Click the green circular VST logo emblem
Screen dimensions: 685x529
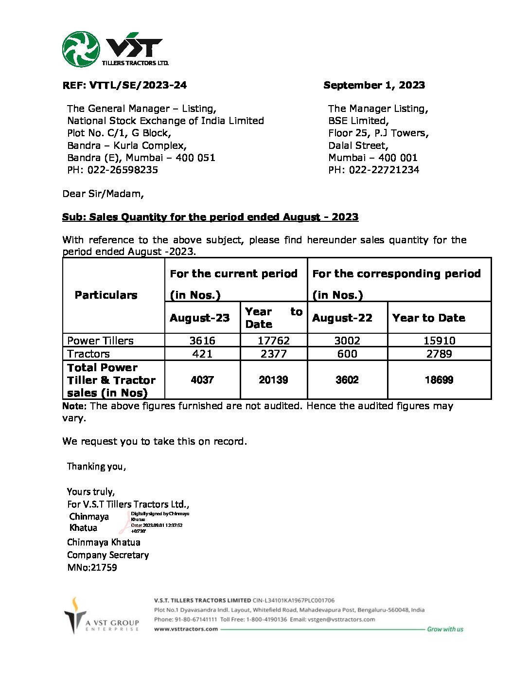pos(81,49)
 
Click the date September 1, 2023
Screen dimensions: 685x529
pos(374,85)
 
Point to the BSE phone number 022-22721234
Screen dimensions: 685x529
pos(384,170)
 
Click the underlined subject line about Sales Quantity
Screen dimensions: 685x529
pos(210,217)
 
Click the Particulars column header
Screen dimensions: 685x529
pos(106,295)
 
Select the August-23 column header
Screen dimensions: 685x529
pos(199,318)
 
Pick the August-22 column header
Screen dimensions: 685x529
pos(342,318)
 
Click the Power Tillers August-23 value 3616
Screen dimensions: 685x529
pos(202,341)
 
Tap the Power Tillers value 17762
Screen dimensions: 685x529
pos(273,341)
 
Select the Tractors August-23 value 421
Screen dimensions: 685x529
pos(202,354)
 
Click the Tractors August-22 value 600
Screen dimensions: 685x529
pos(347,354)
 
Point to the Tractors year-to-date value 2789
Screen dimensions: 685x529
pos(439,354)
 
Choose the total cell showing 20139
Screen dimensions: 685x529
pos(273,380)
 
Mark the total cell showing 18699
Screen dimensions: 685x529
pos(439,380)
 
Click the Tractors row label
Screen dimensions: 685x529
pos(88,354)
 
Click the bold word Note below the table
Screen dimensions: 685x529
pos(74,406)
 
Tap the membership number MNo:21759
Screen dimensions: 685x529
pos(92,567)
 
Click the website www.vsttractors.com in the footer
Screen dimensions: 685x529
pos(186,629)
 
